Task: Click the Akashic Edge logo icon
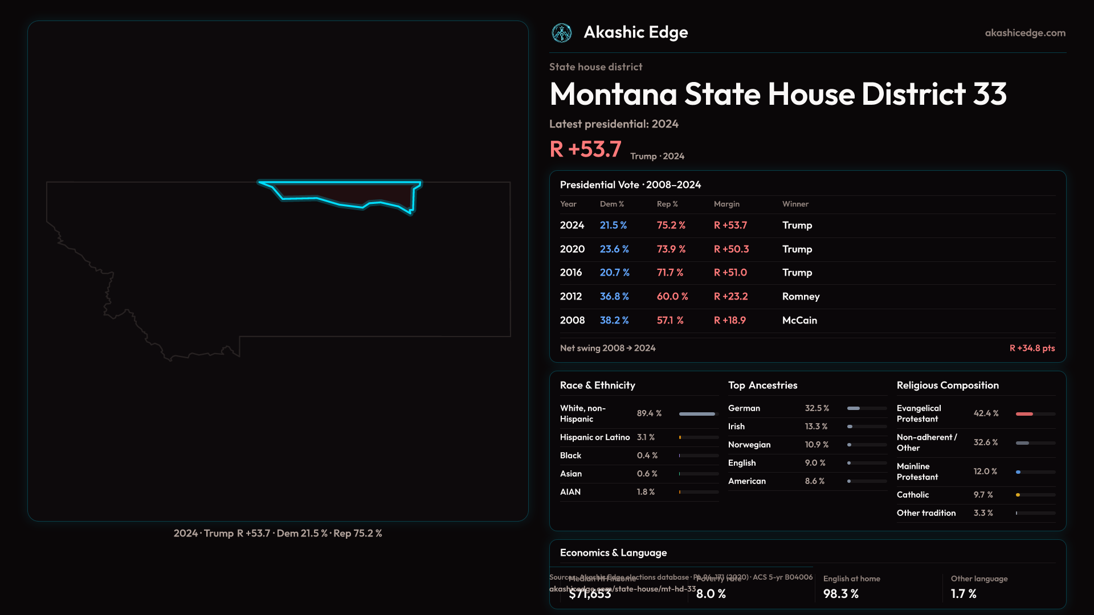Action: [561, 33]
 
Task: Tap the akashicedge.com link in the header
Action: [1025, 33]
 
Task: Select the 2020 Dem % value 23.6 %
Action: [614, 249]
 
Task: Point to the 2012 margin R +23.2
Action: [730, 297]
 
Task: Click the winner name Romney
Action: [801, 297]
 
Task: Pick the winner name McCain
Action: [799, 321]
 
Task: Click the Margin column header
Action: [726, 204]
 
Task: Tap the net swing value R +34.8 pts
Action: [1032, 348]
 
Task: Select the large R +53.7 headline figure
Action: [585, 149]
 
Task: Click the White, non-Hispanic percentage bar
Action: [697, 414]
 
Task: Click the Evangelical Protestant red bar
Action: [1024, 414]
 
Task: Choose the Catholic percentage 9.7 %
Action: [983, 495]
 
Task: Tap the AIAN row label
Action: [570, 492]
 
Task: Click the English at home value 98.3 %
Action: [840, 594]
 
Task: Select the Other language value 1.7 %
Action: [964, 594]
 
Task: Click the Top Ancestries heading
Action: [762, 386]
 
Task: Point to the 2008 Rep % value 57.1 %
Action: [670, 321]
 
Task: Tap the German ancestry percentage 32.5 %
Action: [817, 408]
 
